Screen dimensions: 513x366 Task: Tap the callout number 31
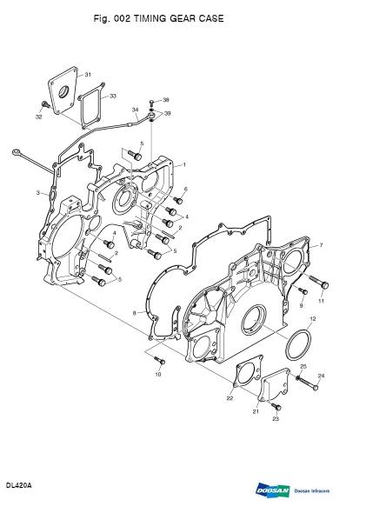click(89, 76)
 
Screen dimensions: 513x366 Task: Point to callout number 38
click(166, 100)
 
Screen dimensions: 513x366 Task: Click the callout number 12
click(312, 321)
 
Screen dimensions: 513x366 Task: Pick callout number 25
click(303, 368)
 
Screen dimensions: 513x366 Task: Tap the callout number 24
click(321, 376)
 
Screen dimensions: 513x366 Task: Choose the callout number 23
click(276, 418)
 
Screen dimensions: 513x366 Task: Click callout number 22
click(230, 398)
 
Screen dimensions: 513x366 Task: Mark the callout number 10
click(158, 375)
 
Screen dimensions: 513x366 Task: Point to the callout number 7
click(321, 245)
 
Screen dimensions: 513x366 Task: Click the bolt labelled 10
click(158, 358)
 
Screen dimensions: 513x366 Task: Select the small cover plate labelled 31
click(63, 92)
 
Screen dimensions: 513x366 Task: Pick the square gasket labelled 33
click(91, 107)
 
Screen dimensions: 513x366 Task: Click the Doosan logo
click(272, 490)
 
